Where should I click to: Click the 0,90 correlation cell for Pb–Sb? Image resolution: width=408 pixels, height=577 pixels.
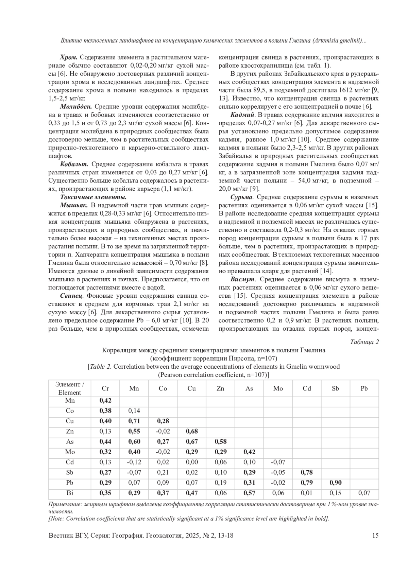[x=335, y=483]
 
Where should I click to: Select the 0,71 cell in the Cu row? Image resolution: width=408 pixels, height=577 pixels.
[x=134, y=421]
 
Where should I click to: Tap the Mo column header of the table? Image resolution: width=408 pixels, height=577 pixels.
[x=278, y=388]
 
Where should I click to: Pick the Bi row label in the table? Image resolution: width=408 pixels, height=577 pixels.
[x=70, y=493]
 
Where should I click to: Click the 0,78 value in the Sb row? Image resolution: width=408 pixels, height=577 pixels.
[x=307, y=472]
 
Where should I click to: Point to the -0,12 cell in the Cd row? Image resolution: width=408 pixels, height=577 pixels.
[x=134, y=462]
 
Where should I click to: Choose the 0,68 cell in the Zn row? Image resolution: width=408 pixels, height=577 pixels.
[x=191, y=431]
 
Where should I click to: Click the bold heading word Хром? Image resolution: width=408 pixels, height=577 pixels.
[x=69, y=57]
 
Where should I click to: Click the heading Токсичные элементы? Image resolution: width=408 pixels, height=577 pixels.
[x=93, y=197]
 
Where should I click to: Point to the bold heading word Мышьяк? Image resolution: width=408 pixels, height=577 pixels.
[x=74, y=205]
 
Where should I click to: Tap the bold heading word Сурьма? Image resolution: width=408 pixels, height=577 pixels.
[x=241, y=197]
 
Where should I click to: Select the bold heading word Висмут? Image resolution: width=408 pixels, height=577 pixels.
[x=242, y=279]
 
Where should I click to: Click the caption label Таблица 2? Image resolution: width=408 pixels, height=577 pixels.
[x=364, y=342]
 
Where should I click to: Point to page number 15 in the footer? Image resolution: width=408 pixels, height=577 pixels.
[x=375, y=536]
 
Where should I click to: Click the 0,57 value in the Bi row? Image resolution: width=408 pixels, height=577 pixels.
[x=249, y=493]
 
